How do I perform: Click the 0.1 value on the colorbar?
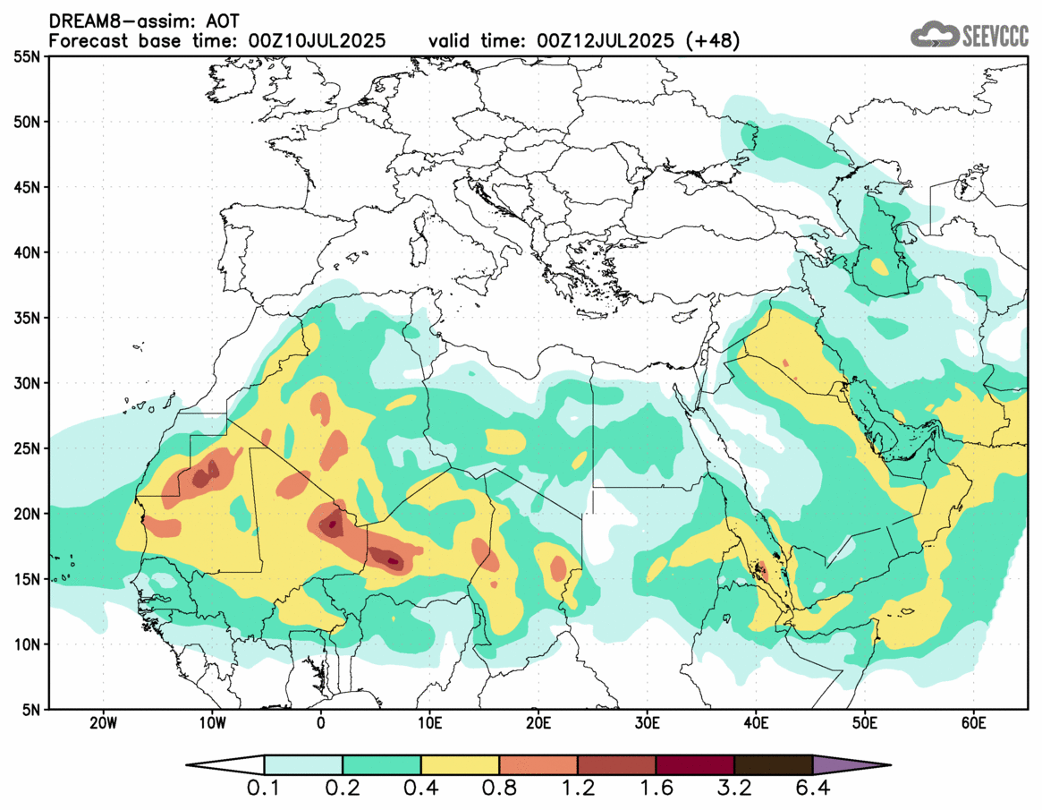pyautogui.click(x=264, y=790)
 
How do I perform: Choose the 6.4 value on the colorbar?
pyautogui.click(x=812, y=790)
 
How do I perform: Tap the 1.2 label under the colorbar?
pyautogui.click(x=577, y=790)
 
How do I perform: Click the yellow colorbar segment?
pyautogui.click(x=460, y=765)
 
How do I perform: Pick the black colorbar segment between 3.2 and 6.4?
pyautogui.click(x=773, y=765)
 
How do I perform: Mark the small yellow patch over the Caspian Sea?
pyautogui.click(x=880, y=267)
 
